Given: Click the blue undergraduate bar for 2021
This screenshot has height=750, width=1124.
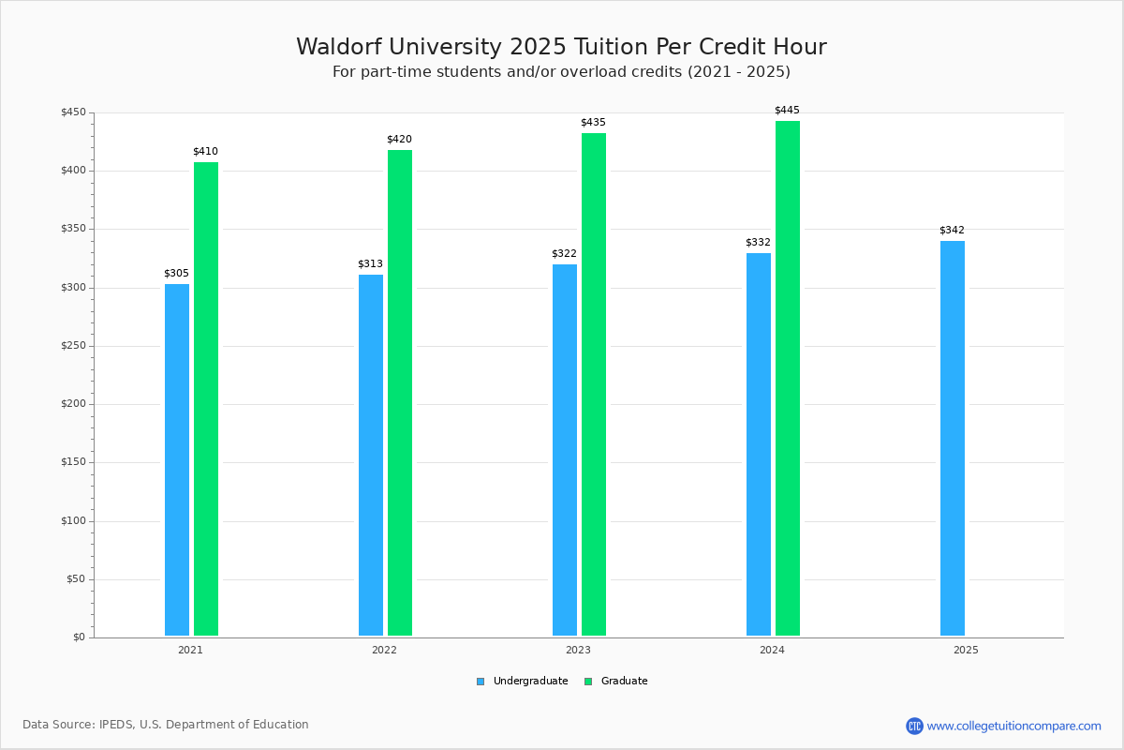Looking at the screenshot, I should (177, 459).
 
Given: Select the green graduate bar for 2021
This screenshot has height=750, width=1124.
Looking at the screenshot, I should (206, 398).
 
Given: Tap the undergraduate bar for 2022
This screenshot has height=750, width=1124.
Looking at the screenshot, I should (371, 455).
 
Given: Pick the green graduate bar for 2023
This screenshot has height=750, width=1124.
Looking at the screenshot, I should (594, 384).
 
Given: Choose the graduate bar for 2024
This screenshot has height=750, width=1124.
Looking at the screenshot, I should (788, 378).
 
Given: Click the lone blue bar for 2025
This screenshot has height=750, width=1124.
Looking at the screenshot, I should (953, 439).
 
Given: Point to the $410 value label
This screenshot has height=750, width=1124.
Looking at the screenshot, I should (205, 152).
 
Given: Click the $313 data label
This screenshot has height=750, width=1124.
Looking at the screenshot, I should (370, 264).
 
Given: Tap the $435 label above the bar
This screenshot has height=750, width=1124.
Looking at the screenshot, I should (593, 123).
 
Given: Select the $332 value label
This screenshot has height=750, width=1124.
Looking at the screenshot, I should (758, 243).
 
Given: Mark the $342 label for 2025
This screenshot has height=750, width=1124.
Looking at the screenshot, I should (952, 231).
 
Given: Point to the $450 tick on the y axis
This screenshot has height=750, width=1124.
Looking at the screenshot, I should (73, 112).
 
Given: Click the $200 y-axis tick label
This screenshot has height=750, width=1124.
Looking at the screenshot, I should (73, 404).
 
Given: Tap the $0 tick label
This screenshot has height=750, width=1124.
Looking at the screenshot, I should (79, 637).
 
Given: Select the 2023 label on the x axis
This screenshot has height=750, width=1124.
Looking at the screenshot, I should (578, 650).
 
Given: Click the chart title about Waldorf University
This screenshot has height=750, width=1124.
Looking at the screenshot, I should (561, 47).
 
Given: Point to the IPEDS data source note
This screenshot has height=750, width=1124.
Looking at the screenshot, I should (166, 725).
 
